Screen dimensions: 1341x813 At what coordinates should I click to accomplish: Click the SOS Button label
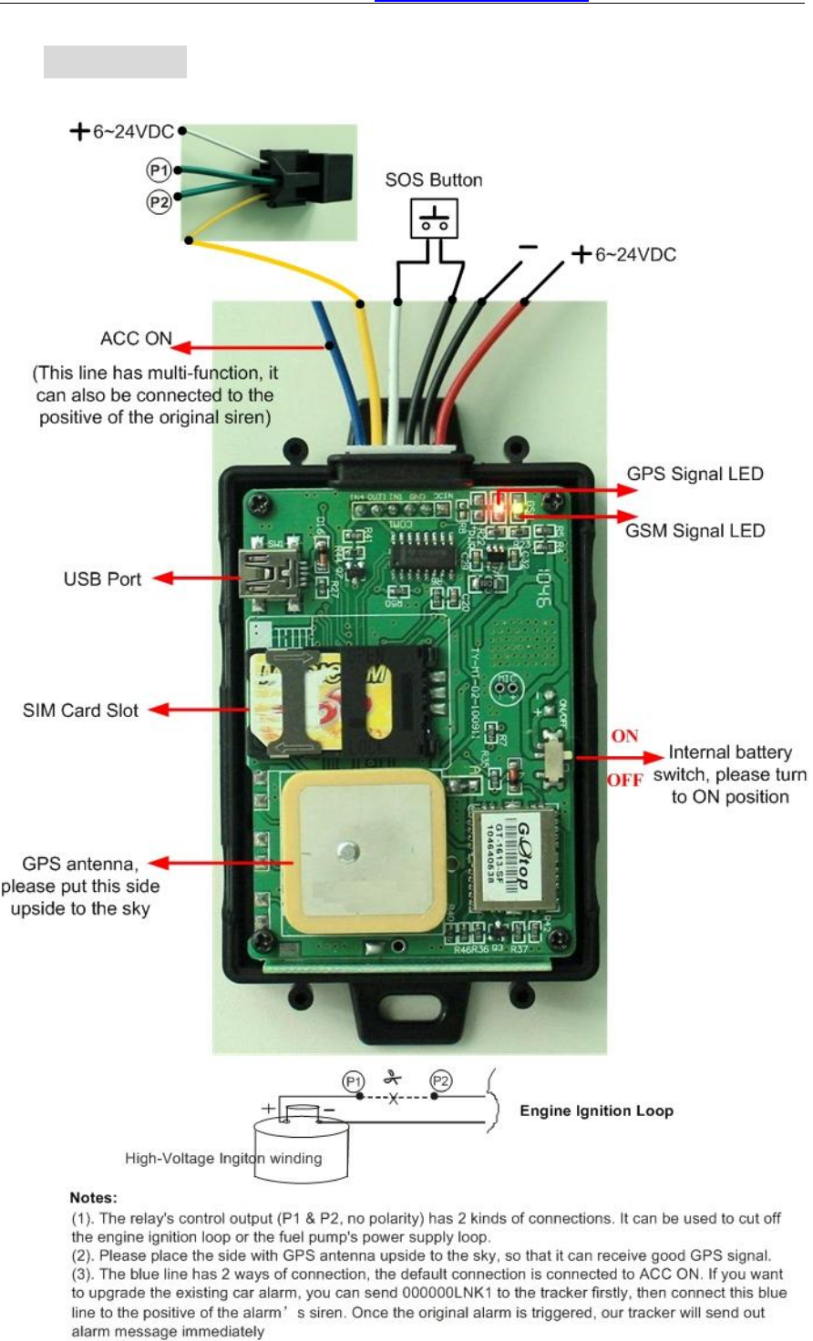tap(433, 179)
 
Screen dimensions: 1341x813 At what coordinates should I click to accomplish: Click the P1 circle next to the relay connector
tap(160, 169)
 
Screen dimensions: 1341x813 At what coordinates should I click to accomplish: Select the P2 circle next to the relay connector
tap(160, 201)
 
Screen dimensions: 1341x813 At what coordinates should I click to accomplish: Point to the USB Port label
tap(102, 578)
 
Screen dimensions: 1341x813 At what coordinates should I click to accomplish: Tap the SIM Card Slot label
tap(80, 710)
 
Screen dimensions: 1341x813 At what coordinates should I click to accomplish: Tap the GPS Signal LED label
tap(695, 474)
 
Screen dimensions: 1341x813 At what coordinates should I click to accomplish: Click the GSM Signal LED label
tap(695, 530)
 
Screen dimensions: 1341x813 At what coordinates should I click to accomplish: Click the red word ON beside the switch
tap(625, 736)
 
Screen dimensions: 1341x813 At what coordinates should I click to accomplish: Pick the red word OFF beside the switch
tap(624, 781)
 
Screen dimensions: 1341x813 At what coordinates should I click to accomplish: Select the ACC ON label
tap(136, 339)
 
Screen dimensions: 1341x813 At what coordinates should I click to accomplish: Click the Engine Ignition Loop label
tap(596, 1111)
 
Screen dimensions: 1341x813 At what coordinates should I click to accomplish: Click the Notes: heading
tap(94, 1197)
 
